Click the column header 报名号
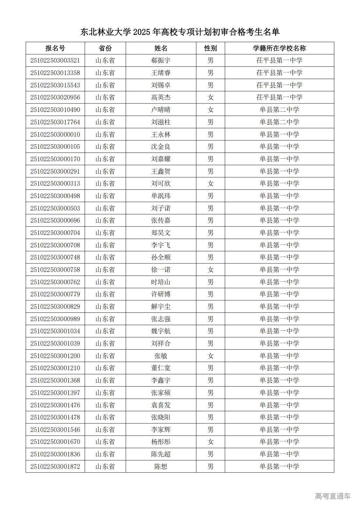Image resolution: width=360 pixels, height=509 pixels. click(55, 48)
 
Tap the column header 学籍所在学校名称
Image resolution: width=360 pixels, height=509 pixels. click(279, 48)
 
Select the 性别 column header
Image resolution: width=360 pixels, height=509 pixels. click(210, 48)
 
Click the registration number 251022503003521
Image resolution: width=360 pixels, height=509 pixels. click(55, 61)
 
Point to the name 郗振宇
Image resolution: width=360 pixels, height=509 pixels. click(161, 61)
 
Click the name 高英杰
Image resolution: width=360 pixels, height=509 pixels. click(161, 97)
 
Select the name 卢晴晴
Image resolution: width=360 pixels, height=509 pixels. click(161, 110)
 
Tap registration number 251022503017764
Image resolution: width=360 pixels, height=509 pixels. click(55, 122)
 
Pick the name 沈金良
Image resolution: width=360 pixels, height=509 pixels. click(161, 147)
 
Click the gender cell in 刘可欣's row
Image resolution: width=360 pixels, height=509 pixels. click(210, 183)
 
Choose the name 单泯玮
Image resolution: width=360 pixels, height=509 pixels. click(161, 196)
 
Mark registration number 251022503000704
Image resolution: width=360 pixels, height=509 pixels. click(55, 233)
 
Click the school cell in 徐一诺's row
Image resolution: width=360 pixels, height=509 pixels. click(279, 270)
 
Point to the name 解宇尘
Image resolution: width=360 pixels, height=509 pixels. click(161, 307)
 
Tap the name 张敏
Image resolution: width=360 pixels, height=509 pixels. click(161, 356)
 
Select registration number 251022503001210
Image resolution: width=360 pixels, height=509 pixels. click(55, 368)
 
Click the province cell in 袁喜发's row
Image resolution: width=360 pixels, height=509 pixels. click(105, 405)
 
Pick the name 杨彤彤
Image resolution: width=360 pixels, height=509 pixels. click(161, 442)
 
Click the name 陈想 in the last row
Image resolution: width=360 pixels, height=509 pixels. click(161, 467)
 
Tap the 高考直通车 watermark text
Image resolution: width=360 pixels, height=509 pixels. click(333, 496)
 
